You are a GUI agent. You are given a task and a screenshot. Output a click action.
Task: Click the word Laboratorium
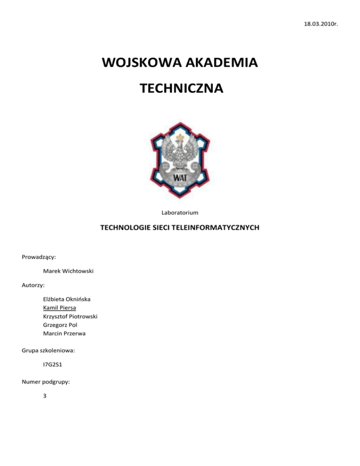pyautogui.click(x=180, y=213)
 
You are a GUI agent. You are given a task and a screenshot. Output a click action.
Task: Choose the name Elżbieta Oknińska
pyautogui.click(x=67, y=299)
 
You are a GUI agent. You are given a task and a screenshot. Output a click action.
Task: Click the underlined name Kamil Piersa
pyautogui.click(x=59, y=308)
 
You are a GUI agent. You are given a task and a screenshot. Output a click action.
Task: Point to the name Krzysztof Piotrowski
pyautogui.click(x=69, y=316)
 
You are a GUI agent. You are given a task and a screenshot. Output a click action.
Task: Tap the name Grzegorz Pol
pyautogui.click(x=59, y=325)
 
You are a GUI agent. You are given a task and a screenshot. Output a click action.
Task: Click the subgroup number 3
pyautogui.click(x=44, y=395)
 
